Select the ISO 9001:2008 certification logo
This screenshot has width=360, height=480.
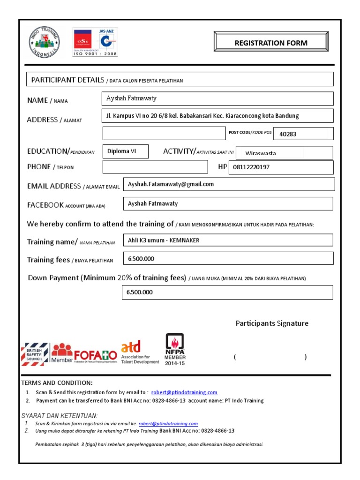pos(95,43)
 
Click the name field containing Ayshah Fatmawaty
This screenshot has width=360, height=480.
pos(217,98)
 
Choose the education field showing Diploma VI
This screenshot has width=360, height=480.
pos(125,151)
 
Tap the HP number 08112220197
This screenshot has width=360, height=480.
pos(281,167)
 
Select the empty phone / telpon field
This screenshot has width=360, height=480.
pos(155,167)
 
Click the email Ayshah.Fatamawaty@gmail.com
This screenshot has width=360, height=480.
pos(228,184)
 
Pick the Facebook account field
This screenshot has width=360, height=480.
pos(227,203)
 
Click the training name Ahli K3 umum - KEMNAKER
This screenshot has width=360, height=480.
pos(227,240)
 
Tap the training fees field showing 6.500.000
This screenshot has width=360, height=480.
pos(227,258)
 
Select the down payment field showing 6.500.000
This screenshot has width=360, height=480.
pos(227,292)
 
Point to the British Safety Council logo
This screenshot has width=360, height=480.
pos(35,354)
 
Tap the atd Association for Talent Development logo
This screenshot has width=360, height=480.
pos(140,352)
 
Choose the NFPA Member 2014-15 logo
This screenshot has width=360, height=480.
pos(175,349)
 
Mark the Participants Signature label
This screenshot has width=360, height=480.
pos(272,323)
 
